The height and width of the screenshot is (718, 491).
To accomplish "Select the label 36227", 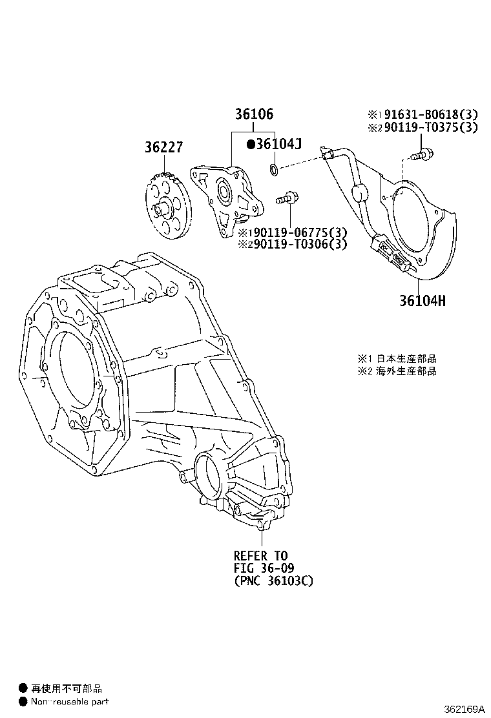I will tap(163, 148).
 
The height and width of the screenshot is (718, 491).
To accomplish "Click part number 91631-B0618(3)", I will tap(429, 115).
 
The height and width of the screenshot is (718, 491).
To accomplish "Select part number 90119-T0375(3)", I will tap(429, 128).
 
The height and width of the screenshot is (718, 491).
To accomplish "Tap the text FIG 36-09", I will tap(263, 568).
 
